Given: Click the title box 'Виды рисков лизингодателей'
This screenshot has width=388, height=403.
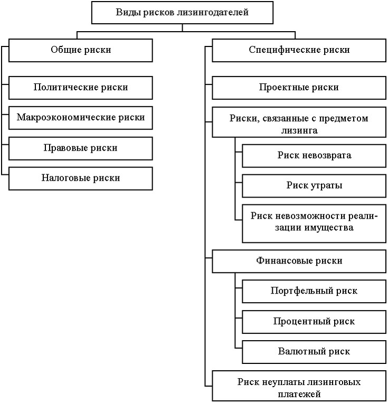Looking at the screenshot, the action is click(182, 13).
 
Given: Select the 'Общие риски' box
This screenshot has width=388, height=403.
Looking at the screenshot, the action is click(81, 50).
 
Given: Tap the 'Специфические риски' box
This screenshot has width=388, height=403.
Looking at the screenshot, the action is click(299, 50).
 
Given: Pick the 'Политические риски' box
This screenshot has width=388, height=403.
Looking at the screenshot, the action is click(81, 88).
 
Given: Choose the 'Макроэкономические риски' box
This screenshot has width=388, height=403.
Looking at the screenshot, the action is click(81, 118).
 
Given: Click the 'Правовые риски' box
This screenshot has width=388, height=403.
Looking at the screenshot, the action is click(81, 148).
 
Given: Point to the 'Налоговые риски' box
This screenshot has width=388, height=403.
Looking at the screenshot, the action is click(81, 179).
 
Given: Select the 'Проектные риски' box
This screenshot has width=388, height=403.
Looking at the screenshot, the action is click(299, 88).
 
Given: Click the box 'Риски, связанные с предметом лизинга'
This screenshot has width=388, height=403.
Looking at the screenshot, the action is click(299, 123).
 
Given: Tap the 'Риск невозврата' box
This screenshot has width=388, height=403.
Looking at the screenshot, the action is click(314, 156).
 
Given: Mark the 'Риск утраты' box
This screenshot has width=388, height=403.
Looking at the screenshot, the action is click(314, 186).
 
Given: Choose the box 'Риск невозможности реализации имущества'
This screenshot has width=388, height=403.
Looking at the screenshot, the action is click(314, 223).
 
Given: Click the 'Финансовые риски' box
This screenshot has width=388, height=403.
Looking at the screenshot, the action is click(299, 261).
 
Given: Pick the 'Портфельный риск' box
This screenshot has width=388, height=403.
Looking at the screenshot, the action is click(314, 291).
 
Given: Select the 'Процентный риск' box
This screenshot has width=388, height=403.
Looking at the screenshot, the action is click(314, 322).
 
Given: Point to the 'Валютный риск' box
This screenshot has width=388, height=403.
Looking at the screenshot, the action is click(314, 352).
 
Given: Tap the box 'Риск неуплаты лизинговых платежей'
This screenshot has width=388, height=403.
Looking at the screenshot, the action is click(299, 386).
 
